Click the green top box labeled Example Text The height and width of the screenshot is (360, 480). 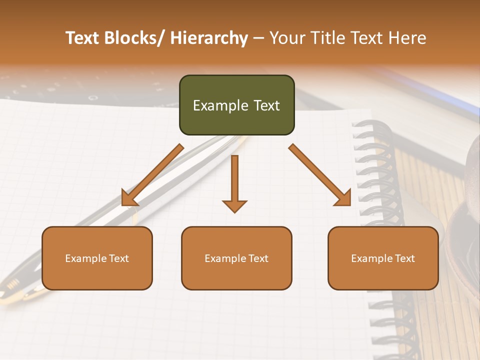(236, 105)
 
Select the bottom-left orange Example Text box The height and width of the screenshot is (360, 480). (97, 258)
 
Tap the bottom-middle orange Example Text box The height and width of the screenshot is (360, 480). (236, 258)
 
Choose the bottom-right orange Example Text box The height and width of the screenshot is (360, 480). (383, 258)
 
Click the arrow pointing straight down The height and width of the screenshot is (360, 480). (234, 182)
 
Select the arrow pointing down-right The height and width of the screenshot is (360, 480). (320, 175)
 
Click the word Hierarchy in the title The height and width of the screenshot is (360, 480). (209, 38)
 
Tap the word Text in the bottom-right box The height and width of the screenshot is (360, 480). (404, 258)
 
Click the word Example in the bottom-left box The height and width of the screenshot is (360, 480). (86, 258)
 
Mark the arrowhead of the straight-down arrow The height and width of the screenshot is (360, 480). (234, 206)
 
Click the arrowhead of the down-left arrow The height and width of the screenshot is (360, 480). (129, 199)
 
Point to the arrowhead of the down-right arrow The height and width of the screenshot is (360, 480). (343, 198)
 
